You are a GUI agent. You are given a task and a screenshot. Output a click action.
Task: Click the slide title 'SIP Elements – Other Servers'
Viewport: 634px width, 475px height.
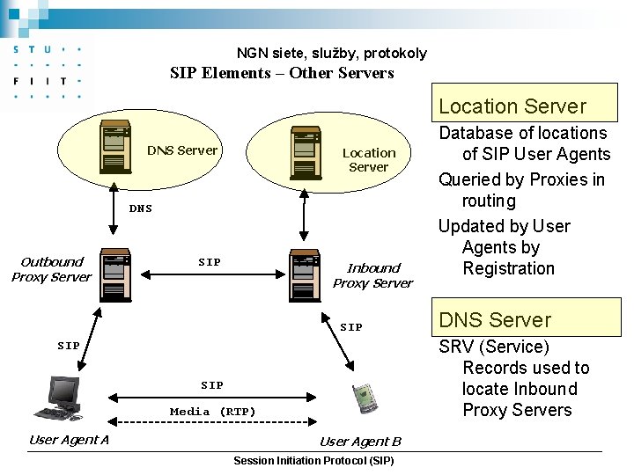click(282, 73)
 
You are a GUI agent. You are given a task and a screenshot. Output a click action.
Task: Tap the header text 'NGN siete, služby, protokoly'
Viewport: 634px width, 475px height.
click(331, 53)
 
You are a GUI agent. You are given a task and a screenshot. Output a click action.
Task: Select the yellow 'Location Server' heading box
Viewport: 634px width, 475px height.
click(512, 106)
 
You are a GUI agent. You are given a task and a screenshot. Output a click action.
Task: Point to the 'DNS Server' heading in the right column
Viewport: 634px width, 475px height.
click(495, 320)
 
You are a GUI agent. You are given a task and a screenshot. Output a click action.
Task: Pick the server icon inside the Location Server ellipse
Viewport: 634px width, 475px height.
click(304, 153)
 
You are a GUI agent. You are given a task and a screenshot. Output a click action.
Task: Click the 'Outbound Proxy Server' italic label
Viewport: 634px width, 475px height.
click(51, 269)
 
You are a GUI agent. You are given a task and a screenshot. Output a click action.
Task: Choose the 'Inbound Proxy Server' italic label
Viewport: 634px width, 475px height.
click(372, 275)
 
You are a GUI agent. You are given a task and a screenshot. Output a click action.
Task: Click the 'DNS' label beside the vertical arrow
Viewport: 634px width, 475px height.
click(140, 209)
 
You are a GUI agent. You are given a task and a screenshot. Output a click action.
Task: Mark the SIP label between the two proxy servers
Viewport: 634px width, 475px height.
click(210, 262)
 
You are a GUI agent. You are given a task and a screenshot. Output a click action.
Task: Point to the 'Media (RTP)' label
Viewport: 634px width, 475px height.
click(212, 411)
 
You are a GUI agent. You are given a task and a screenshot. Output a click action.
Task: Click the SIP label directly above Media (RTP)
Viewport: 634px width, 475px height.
click(212, 385)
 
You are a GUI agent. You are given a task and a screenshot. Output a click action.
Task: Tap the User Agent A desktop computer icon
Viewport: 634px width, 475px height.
click(60, 400)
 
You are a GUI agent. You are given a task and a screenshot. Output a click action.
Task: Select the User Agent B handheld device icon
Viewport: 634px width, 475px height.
click(364, 398)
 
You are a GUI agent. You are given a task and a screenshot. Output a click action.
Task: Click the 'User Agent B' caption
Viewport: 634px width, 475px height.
click(360, 442)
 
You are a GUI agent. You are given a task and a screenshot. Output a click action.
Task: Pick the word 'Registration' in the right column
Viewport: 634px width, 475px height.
click(508, 269)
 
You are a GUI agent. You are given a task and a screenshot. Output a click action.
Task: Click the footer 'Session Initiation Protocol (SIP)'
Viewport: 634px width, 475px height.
click(313, 461)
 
